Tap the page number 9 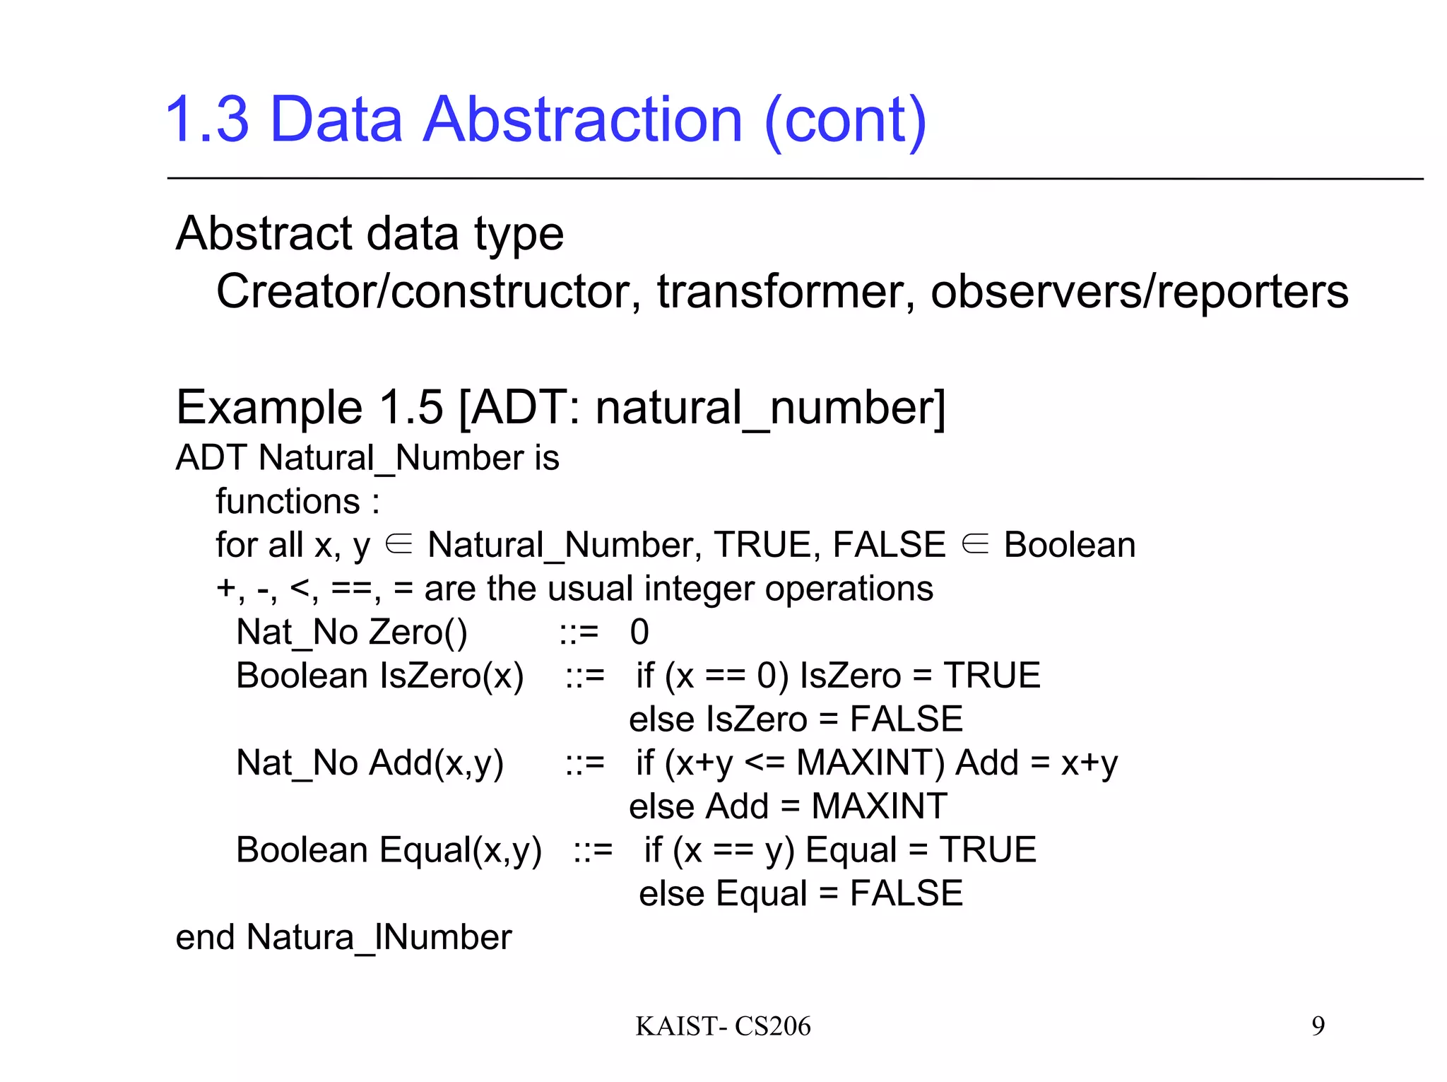coord(1318,1025)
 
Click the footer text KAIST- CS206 coord(723,1026)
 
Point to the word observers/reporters coord(1139,291)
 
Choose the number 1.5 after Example coord(411,408)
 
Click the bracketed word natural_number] coord(770,408)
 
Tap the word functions coord(288,502)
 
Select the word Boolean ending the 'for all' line coord(1070,545)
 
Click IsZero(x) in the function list coord(452,676)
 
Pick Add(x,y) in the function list coord(436,763)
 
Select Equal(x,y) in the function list coord(460,850)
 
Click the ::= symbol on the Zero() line coord(579,633)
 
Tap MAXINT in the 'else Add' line coord(879,806)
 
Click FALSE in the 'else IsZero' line coord(906,719)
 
